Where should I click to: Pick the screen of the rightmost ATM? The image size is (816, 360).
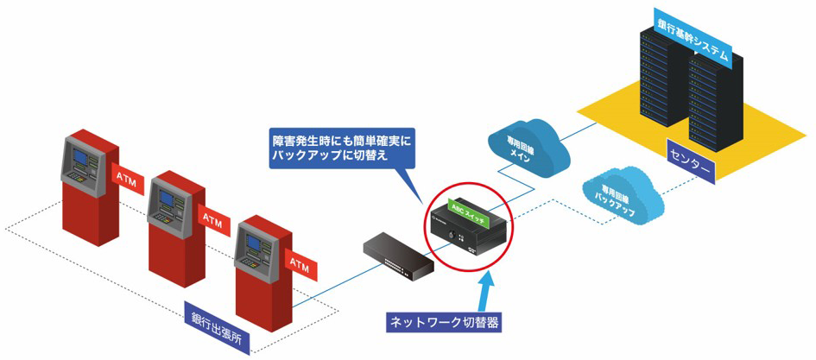(x=253, y=243)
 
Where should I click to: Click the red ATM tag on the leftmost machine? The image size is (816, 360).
(x=124, y=177)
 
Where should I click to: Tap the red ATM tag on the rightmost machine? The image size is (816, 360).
(x=298, y=262)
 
